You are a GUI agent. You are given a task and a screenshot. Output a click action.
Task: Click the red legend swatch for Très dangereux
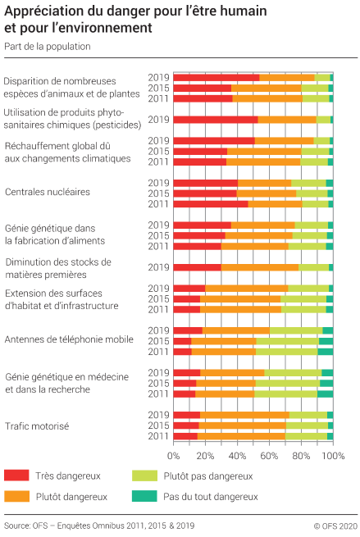click(x=16, y=476)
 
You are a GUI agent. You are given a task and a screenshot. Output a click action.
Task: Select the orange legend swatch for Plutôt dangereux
click(x=16, y=496)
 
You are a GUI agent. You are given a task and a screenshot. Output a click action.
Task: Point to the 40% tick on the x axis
click(x=237, y=455)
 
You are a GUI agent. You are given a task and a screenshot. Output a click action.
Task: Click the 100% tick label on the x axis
click(x=333, y=455)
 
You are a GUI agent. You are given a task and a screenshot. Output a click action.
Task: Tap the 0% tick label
click(x=174, y=455)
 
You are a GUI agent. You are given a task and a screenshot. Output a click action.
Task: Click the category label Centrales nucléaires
click(x=48, y=193)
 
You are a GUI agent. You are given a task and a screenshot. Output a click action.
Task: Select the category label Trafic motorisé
click(x=37, y=426)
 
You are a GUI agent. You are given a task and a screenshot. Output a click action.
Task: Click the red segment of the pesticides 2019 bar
click(x=215, y=120)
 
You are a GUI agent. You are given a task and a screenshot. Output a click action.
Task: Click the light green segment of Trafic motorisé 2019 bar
click(x=308, y=415)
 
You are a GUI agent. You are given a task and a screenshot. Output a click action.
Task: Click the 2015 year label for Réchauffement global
click(x=158, y=151)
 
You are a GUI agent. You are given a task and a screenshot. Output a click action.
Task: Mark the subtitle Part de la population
click(x=47, y=47)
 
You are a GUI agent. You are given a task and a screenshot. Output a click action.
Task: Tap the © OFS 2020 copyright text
click(x=335, y=525)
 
